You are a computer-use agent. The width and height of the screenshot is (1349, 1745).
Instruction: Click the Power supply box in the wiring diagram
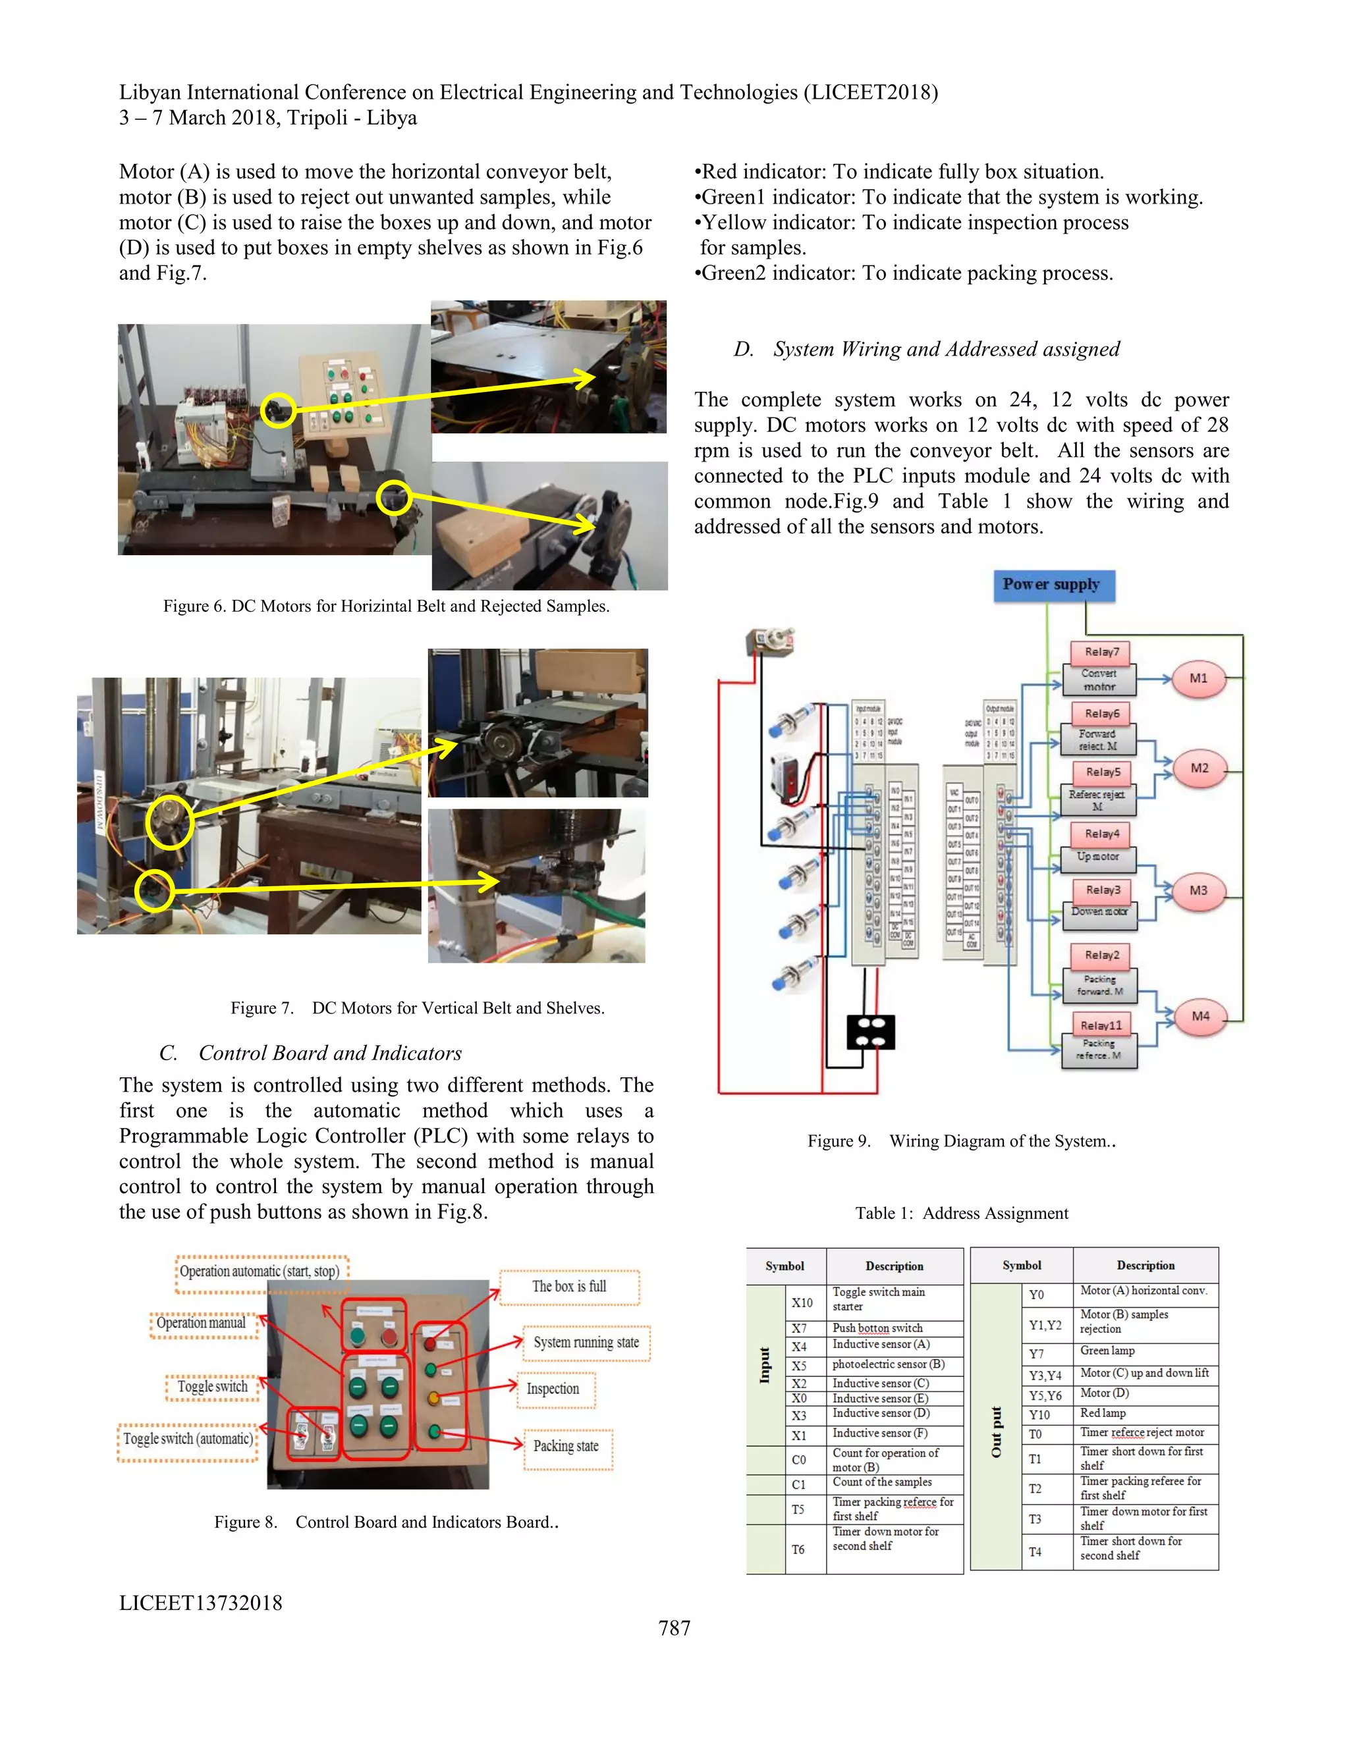[x=1053, y=585]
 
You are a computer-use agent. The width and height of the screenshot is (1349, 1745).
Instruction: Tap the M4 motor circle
[x=1199, y=1016]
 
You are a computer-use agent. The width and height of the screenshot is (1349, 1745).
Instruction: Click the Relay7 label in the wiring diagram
[x=1101, y=652]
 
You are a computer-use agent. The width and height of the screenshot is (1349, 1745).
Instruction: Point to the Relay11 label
[x=1101, y=1025]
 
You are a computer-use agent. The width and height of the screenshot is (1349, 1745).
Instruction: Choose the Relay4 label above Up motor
[x=1101, y=834]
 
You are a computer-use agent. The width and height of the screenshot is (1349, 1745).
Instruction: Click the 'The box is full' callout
[x=569, y=1287]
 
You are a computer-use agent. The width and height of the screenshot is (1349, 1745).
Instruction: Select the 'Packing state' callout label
[x=566, y=1445]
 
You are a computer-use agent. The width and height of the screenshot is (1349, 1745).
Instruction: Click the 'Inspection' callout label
[x=553, y=1389]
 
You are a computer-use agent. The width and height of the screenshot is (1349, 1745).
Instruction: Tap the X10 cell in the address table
[x=802, y=1302]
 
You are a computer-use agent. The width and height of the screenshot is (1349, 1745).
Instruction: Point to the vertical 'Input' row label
[x=765, y=1364]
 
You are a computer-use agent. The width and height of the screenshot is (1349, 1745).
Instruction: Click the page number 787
[x=674, y=1628]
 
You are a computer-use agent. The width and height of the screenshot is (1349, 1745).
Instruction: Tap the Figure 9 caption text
[x=962, y=1141]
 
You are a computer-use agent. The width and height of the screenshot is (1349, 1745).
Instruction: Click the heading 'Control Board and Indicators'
[x=329, y=1053]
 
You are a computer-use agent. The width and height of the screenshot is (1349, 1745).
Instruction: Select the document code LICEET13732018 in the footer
[x=201, y=1603]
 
